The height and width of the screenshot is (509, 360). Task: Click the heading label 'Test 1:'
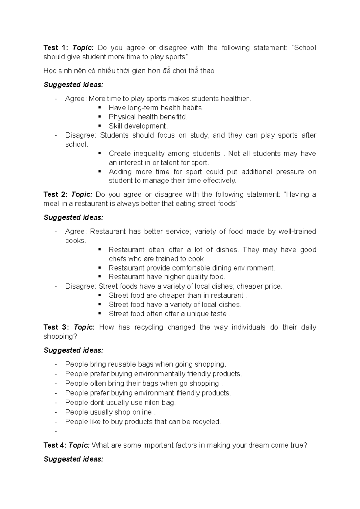pos(56,48)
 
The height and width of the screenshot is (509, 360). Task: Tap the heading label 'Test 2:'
pos(56,194)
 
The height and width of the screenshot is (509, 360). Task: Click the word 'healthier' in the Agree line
pos(235,99)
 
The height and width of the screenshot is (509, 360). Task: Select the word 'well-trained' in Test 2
pos(297,231)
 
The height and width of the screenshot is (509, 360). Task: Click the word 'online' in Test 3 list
pos(142,412)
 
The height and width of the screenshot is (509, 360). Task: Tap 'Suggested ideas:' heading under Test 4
pos(73,459)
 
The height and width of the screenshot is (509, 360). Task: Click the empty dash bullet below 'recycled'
pos(56,431)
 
